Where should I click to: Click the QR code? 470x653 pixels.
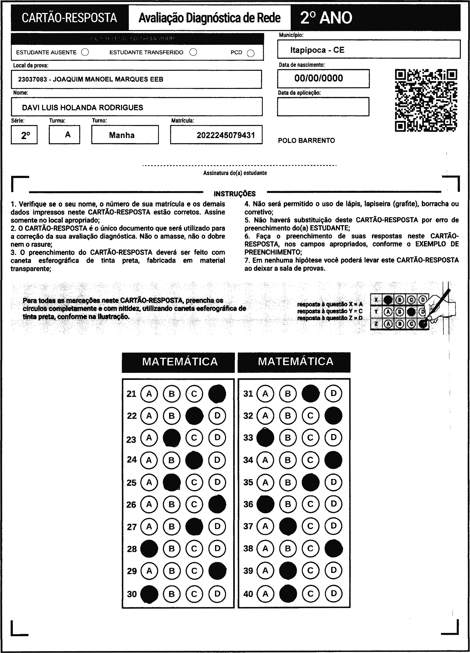point(426,100)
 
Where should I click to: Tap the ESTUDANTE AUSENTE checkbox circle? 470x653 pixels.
point(85,52)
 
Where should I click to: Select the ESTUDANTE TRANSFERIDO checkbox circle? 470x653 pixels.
point(193,52)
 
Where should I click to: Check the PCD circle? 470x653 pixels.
point(251,53)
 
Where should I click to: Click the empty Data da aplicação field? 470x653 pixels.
point(323,107)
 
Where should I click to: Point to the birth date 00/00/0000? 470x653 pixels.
point(319,78)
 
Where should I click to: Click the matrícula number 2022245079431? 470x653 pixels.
point(226,135)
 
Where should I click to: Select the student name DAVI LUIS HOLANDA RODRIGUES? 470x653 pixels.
point(83,108)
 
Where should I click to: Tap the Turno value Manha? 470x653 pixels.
point(122,135)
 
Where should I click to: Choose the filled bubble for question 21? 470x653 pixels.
point(217,394)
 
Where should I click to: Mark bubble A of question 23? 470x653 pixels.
point(149,438)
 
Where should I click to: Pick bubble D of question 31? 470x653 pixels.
point(333,393)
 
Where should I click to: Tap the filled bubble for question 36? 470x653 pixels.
point(265,504)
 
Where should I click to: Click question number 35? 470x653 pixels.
point(248,482)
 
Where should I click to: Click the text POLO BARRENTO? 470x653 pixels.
point(306,140)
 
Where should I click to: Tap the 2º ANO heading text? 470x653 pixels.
point(326,18)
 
